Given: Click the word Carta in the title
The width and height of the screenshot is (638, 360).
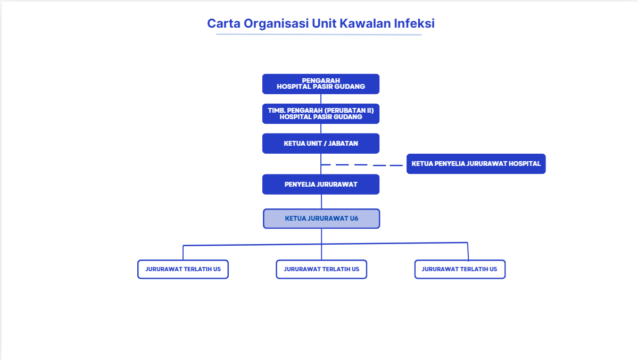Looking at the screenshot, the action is coord(224,23).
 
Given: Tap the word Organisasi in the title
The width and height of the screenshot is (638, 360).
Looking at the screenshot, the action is coord(276,24).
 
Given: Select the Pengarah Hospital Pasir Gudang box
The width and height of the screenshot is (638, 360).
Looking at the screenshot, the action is coord(321,84).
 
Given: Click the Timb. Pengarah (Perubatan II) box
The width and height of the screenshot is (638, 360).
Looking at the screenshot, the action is coord(321,113).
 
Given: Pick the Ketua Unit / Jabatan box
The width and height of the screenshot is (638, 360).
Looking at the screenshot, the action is coord(321,143).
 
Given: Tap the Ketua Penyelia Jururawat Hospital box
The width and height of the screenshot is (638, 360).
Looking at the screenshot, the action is coord(476,164).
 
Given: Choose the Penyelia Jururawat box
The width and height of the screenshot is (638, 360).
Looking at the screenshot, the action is coord(321,185).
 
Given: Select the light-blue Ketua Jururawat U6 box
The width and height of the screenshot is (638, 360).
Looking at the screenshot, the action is coord(321,219).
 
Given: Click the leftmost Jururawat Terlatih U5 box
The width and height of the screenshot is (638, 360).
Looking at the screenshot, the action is coord(183,269).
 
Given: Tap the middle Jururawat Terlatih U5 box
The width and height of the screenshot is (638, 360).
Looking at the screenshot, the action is coord(321,269).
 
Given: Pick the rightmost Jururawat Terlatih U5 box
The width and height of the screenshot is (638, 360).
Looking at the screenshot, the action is coord(460,269).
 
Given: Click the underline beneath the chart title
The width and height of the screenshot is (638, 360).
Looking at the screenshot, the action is coord(319,34).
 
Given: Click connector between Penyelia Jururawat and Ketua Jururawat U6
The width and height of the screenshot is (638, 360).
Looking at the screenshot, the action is coord(321,202).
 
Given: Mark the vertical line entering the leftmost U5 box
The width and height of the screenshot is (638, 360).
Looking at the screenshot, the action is coord(183,253).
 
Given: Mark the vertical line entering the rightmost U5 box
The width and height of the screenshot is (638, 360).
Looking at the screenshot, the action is coord(468,252).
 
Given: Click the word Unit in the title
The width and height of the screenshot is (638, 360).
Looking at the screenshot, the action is coord(324,23).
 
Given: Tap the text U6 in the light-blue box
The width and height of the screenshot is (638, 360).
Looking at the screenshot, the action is coord(354,219).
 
